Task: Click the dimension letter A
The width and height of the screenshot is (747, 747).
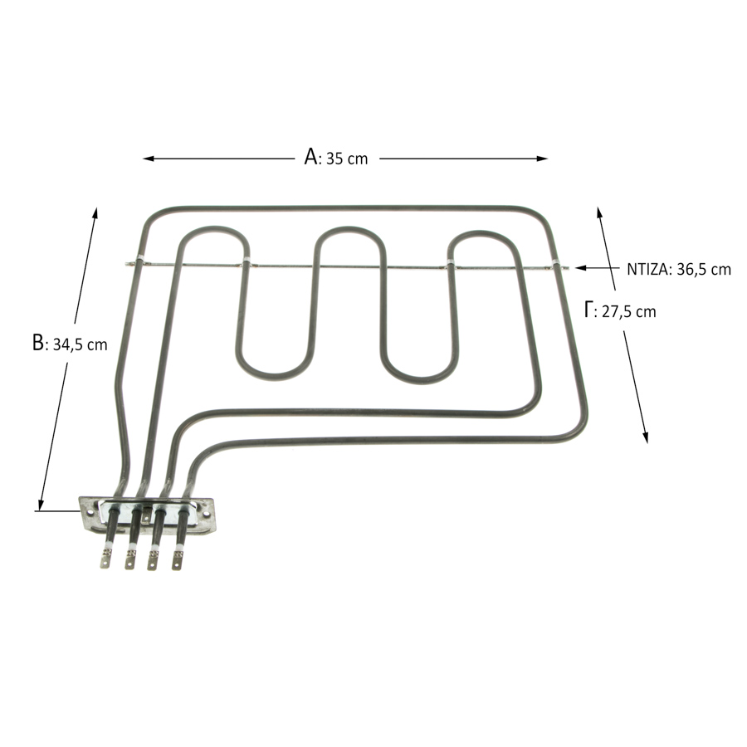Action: coord(311,156)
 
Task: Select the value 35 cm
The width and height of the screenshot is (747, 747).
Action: coord(347,159)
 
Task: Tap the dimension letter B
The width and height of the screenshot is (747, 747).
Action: coord(37,342)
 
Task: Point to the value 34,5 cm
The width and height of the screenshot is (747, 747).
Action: coord(80,344)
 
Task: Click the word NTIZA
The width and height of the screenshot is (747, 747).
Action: coord(647,270)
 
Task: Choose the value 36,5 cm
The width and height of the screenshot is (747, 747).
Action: coord(704,270)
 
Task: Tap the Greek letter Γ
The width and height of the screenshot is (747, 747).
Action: coord(588,310)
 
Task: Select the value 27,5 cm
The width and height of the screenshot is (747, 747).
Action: coord(629,311)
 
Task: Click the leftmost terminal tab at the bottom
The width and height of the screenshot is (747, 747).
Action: coord(105,559)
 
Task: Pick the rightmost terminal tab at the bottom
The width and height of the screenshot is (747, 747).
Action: coord(177,560)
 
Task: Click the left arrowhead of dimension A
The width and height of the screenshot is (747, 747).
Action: coord(149,159)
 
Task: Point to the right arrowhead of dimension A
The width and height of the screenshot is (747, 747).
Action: coord(542,159)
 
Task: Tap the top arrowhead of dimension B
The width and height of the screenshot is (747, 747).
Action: coord(95,213)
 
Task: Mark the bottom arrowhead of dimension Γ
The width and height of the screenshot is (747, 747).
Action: coord(645,437)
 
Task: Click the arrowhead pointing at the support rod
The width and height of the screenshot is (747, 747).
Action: coord(581,268)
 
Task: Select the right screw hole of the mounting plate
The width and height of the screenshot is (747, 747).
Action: coord(206,515)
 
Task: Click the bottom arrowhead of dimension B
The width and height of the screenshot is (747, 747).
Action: coord(41,505)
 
